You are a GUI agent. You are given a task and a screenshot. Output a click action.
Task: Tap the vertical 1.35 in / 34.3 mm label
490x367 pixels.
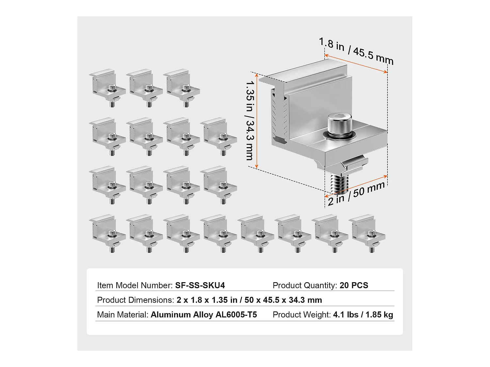tap(250, 121)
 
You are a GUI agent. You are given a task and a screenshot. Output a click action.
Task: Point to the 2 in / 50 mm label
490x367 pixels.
tap(356, 194)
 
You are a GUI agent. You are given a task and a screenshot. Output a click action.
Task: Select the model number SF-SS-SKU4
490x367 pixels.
tap(200, 285)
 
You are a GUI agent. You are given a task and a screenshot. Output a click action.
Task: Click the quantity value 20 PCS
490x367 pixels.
tap(354, 285)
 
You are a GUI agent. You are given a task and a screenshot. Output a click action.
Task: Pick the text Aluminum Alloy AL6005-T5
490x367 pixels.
tap(204, 315)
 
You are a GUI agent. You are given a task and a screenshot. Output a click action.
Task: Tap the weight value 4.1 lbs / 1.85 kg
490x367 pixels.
tap(363, 315)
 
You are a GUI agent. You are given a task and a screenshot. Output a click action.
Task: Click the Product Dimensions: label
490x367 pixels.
tap(136, 300)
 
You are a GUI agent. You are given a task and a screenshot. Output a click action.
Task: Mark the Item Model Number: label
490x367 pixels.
tap(135, 285)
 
